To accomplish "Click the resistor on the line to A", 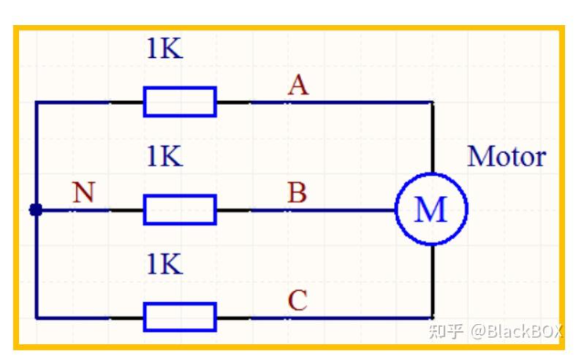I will (x=180, y=102).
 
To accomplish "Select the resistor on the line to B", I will (x=180, y=210).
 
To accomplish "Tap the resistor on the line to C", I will (x=180, y=318).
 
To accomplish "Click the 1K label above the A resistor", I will (x=164, y=49).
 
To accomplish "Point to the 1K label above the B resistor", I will (x=164, y=157).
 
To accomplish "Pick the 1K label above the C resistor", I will (x=164, y=264).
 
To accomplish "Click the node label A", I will (x=297, y=85).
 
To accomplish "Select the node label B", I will (x=297, y=193).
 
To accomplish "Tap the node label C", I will (x=297, y=300).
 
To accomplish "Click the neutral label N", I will (x=83, y=193).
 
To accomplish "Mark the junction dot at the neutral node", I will (x=35, y=210).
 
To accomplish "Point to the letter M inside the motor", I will (x=430, y=210).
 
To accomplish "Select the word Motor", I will (x=506, y=157).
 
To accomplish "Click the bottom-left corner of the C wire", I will (x=36, y=318).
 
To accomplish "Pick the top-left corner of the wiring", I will (x=36, y=102).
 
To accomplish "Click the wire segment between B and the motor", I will (x=345, y=210).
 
